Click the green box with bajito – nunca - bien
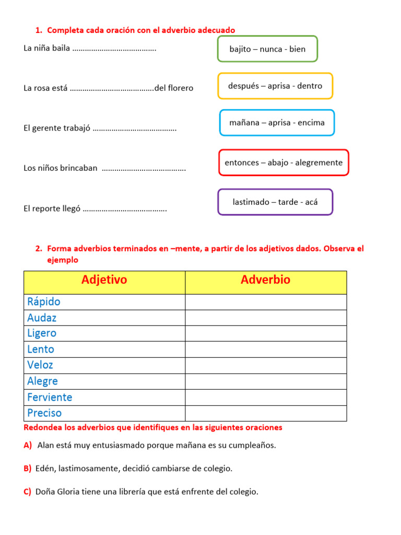267,49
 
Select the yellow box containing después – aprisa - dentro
275,86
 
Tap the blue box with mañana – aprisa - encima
277,123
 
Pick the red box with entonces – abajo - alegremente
284,162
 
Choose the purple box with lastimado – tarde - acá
275,202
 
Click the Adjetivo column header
104,280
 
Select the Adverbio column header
265,280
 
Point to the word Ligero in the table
42,333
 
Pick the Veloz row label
40,365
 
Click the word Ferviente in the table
50,397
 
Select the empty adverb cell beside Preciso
265,413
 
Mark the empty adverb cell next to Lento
265,350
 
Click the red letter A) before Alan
28,445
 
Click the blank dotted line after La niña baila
114,49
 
